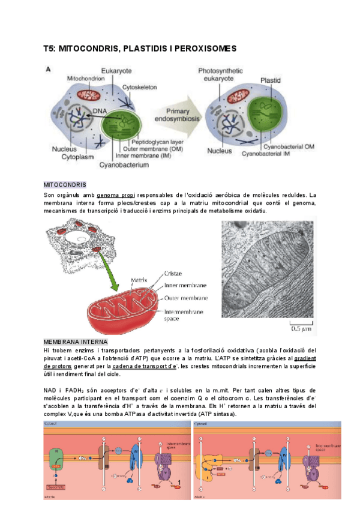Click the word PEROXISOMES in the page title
(x=203, y=47)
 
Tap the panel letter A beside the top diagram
(x=49, y=70)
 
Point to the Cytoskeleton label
(x=140, y=88)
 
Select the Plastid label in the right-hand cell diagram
(x=271, y=80)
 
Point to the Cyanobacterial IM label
(x=268, y=154)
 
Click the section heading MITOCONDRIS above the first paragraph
(x=65, y=184)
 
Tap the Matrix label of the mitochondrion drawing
(x=139, y=280)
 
